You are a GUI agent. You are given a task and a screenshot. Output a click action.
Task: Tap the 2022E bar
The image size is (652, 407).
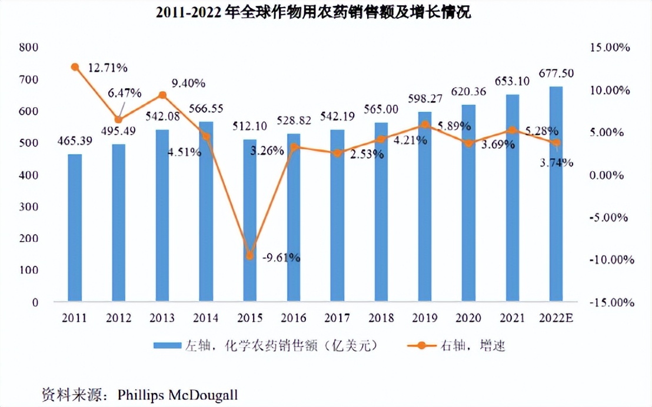(x=556, y=194)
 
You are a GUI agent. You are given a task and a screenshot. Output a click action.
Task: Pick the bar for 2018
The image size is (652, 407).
(x=381, y=212)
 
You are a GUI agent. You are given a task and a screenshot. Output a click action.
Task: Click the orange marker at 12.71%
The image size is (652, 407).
(x=75, y=67)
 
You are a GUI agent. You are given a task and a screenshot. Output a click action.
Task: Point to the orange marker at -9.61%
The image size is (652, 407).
(x=250, y=256)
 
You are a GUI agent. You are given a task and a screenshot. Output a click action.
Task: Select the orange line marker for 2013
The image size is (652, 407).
(x=162, y=95)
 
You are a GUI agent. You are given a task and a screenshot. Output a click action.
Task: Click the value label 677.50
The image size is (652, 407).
(x=556, y=74)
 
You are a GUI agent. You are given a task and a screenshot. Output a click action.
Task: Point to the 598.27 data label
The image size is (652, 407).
(x=425, y=98)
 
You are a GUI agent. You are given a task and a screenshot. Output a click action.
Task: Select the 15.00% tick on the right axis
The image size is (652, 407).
(x=612, y=48)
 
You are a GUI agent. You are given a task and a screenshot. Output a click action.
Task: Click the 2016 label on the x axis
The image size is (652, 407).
(x=294, y=318)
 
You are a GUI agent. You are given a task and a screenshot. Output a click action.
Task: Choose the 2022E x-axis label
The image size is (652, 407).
(x=556, y=318)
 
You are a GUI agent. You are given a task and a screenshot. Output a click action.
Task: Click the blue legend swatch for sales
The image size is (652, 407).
(x=169, y=345)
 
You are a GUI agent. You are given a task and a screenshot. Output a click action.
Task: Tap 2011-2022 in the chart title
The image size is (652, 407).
(x=189, y=13)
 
